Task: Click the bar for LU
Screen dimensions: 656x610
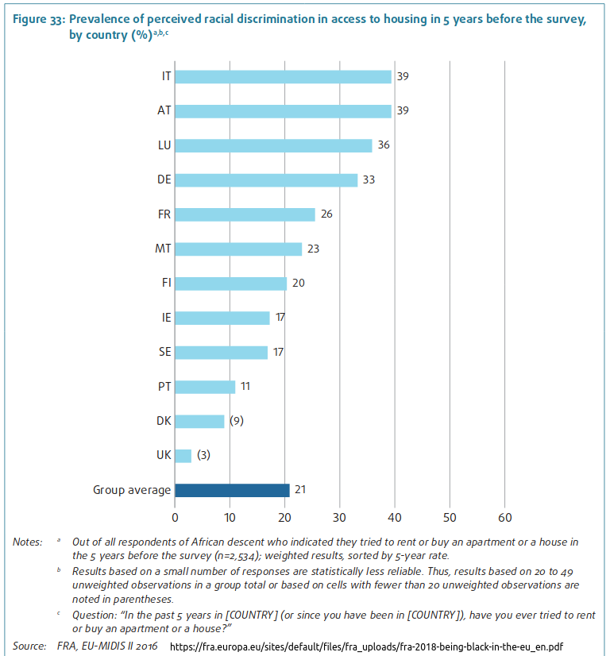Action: [x=273, y=145]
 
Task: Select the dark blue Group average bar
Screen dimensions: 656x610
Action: [x=232, y=490]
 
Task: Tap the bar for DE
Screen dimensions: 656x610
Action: [x=266, y=180]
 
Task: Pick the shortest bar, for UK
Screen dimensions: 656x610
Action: [x=183, y=455]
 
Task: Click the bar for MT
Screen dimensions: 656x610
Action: [x=238, y=249]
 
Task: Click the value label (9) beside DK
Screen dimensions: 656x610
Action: [x=236, y=421]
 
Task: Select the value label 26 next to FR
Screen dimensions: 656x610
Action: [x=326, y=214]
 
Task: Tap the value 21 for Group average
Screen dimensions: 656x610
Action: [x=300, y=490]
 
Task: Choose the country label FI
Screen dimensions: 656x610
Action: [x=165, y=284]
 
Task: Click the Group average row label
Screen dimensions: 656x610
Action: [x=132, y=490]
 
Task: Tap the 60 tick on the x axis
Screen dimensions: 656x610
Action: [x=504, y=516]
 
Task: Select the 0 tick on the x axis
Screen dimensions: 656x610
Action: [x=176, y=516]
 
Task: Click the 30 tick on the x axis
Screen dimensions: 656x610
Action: [x=340, y=516]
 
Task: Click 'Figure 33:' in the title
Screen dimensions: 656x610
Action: [x=38, y=21]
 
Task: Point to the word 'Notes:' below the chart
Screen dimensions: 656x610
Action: [x=27, y=542]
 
